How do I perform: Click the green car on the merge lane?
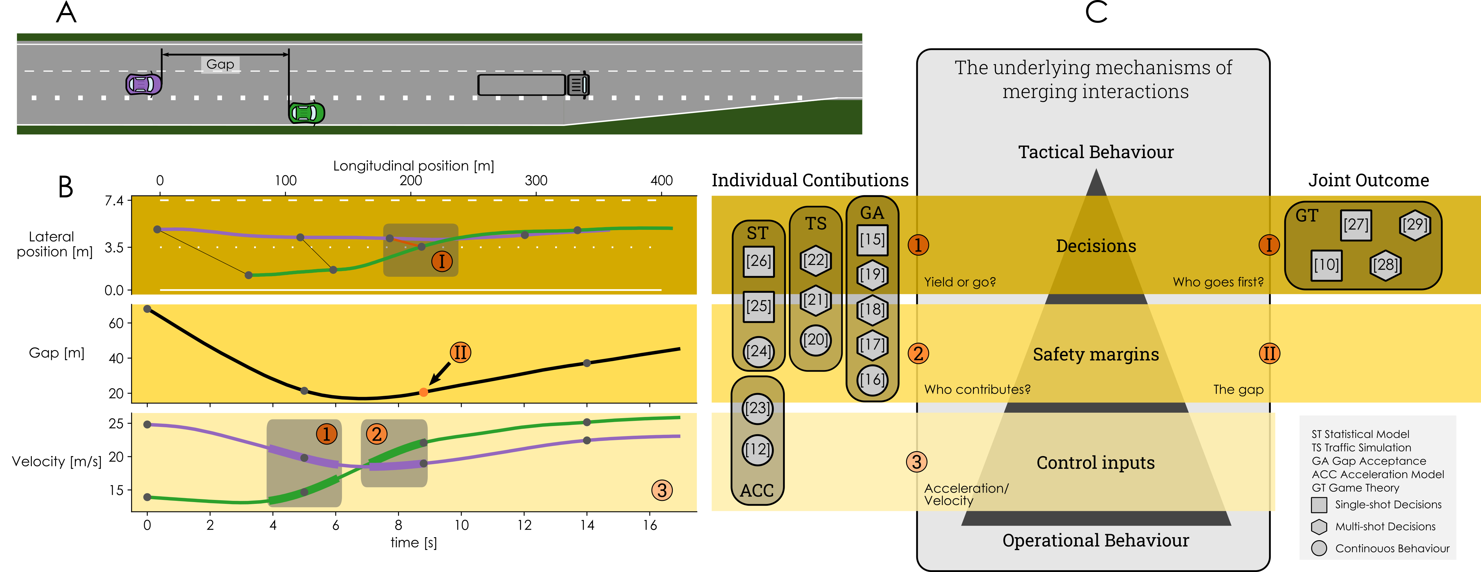coord(307,113)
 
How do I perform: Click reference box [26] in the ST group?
coord(758,261)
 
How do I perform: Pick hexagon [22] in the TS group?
coord(815,260)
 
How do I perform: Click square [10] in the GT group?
coord(1326,265)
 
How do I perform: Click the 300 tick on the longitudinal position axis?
coord(536,180)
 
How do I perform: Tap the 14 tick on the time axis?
coord(587,525)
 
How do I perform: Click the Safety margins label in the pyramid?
coord(1096,354)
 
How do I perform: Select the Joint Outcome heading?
coord(1368,180)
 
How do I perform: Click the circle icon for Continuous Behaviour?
coord(1319,548)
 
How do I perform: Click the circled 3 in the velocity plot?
coord(662,490)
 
